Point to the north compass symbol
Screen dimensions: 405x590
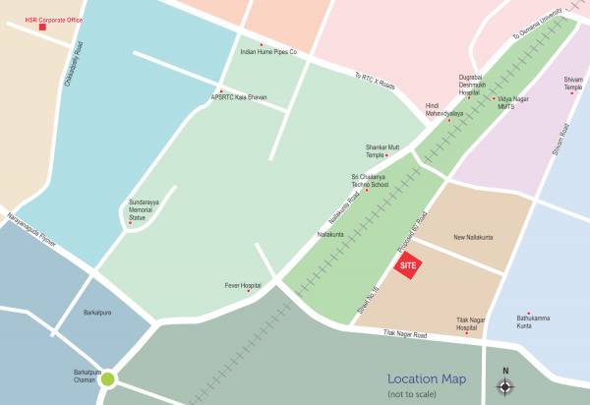[x=505, y=385]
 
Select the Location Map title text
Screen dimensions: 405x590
[x=427, y=379]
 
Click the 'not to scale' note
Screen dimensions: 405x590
[x=416, y=394]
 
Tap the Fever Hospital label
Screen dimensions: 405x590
[x=242, y=286]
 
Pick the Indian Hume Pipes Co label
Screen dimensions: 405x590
[x=268, y=51]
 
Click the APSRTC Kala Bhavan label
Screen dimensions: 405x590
[x=240, y=96]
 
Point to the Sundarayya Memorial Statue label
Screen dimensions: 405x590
[x=144, y=209]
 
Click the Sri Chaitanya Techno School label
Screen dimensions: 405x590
[x=370, y=181]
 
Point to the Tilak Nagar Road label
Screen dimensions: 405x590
[x=406, y=336]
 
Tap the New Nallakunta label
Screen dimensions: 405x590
[x=473, y=238]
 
